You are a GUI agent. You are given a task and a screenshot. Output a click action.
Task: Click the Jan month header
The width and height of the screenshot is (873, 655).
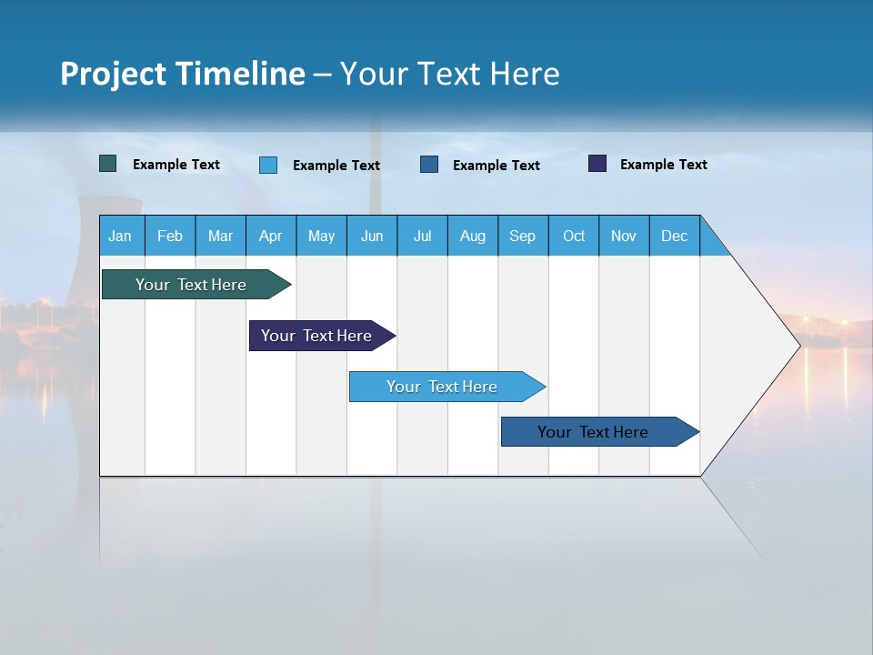[x=120, y=236]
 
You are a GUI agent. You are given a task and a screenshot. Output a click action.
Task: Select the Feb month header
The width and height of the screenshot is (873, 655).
[x=170, y=236]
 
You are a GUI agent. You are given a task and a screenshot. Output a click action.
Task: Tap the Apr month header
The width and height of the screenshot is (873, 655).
[x=270, y=236]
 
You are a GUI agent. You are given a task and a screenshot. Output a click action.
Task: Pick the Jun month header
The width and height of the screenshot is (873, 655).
[x=372, y=236]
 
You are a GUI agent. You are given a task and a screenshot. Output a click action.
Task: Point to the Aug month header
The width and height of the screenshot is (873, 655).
[x=472, y=236]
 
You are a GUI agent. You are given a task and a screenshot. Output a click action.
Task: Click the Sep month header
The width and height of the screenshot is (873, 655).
[x=522, y=236]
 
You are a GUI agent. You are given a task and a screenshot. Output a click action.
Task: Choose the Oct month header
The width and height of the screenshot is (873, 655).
[x=574, y=236]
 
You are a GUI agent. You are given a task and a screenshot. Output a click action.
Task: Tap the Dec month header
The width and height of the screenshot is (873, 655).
[x=674, y=236]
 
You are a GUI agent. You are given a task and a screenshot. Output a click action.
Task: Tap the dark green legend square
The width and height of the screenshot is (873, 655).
[x=108, y=164]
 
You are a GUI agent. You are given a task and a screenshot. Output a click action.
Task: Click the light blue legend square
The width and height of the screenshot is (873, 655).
[x=268, y=165]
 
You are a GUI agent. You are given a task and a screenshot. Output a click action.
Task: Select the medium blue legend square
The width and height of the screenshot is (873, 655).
[x=429, y=165]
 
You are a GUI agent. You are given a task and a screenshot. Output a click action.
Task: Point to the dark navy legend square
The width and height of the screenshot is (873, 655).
[x=597, y=164]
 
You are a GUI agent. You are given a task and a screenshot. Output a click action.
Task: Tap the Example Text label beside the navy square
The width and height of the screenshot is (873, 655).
[x=663, y=165]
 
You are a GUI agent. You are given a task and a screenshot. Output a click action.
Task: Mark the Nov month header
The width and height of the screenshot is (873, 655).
[x=624, y=236]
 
